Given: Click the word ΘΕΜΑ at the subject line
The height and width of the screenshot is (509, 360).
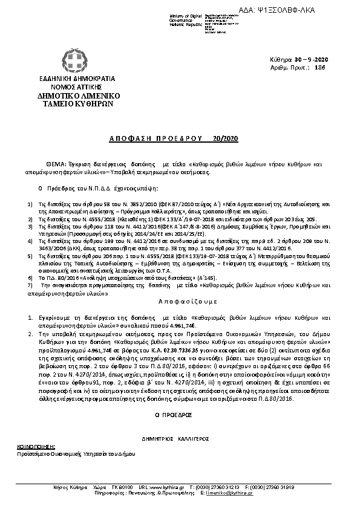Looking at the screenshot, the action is [57, 164].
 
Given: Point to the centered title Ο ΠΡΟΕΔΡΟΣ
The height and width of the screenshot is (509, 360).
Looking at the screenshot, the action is [180, 398].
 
